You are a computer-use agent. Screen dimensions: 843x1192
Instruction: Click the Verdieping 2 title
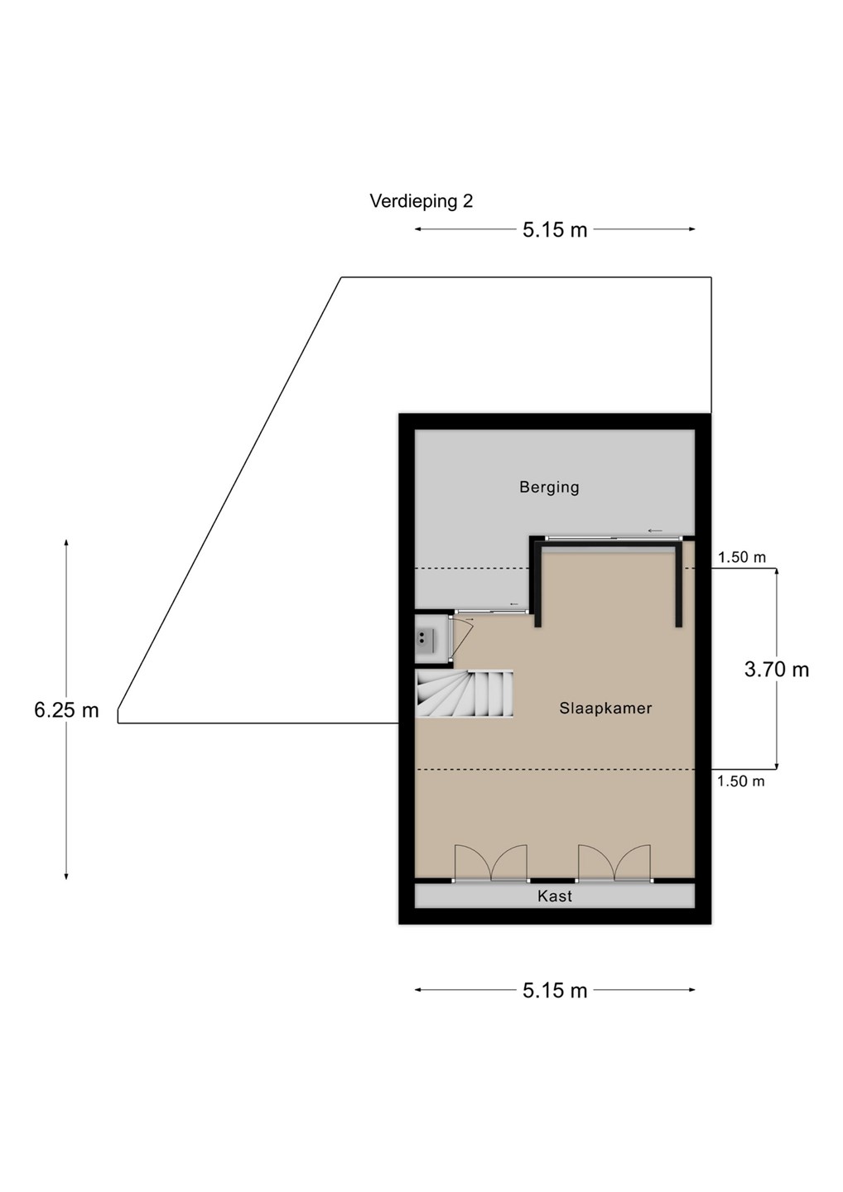421,202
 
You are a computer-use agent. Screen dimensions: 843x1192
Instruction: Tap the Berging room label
549,487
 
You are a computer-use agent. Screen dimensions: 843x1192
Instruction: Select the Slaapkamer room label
605,709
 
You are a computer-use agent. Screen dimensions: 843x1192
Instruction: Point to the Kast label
555,896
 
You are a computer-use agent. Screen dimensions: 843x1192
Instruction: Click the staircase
464,694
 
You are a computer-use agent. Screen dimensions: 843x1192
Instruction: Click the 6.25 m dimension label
66,710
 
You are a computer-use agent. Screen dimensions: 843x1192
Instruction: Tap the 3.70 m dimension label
777,670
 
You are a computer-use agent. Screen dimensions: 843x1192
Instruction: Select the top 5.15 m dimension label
555,230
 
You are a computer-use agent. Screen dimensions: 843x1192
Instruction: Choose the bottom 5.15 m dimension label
555,990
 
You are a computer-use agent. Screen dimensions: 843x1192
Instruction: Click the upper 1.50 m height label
742,557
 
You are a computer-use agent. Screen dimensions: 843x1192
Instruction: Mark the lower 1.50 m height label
741,781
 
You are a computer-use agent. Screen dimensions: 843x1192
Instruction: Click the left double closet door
491,863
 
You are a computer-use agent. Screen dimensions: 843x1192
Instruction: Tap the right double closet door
614,863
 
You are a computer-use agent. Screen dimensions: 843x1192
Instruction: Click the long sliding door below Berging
614,539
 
